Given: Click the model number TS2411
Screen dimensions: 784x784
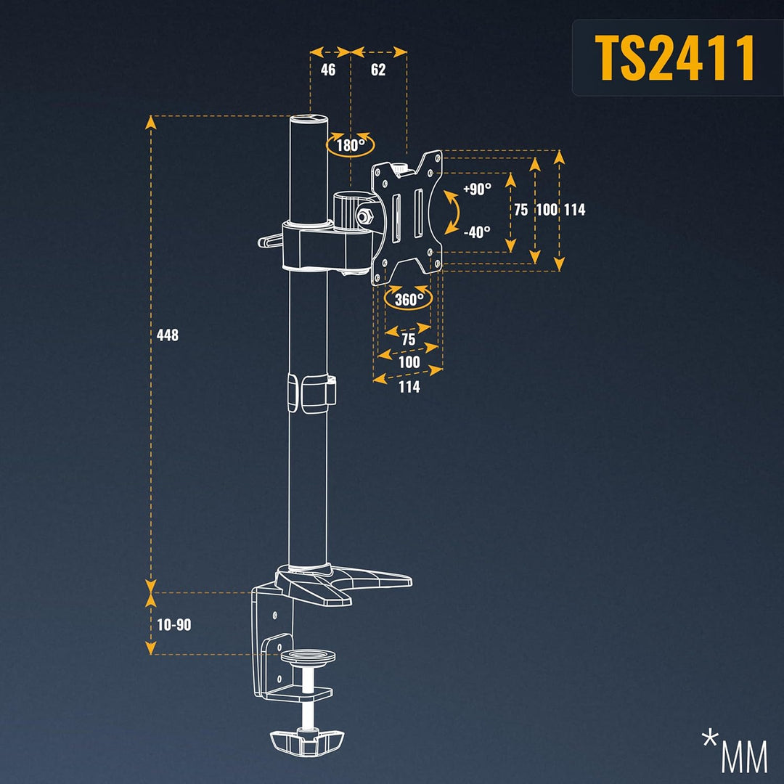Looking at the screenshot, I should tap(674, 57).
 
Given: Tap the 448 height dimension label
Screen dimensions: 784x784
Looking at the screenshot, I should tap(167, 335).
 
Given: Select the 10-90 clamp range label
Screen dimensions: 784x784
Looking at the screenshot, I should tap(174, 624).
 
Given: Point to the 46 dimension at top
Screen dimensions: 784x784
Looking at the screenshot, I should tap(328, 70).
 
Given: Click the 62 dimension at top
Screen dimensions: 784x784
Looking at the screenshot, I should tap(377, 70).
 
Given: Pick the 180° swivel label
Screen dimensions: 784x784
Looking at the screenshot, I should tap(351, 145).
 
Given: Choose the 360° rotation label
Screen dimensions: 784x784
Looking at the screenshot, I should tap(409, 299).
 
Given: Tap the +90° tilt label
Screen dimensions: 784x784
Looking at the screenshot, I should tap(477, 189).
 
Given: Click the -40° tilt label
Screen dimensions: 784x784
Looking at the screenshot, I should tap(476, 232).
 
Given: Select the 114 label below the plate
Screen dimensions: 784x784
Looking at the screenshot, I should tap(409, 387).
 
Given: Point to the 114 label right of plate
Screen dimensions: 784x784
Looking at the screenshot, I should tap(574, 210).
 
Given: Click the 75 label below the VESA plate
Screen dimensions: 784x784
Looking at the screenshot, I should tap(408, 340).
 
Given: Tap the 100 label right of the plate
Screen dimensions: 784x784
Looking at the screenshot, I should tap(547, 210).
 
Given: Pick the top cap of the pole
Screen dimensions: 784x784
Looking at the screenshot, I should tap(309, 121).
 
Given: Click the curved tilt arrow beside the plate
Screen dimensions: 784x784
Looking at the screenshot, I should tap(454, 211).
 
